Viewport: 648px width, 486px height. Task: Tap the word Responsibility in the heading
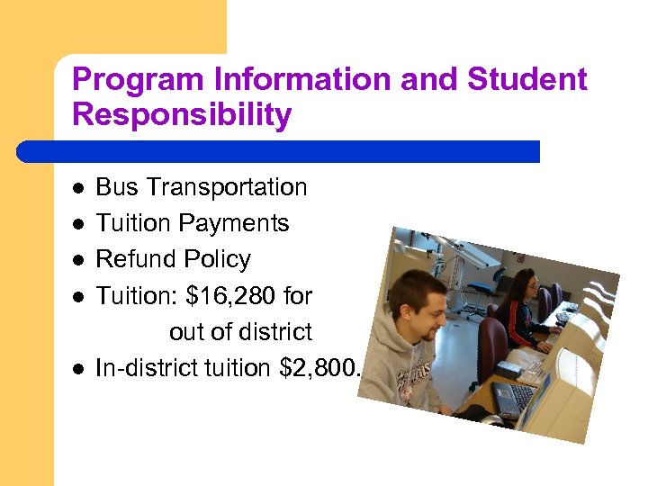pos(182,115)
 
